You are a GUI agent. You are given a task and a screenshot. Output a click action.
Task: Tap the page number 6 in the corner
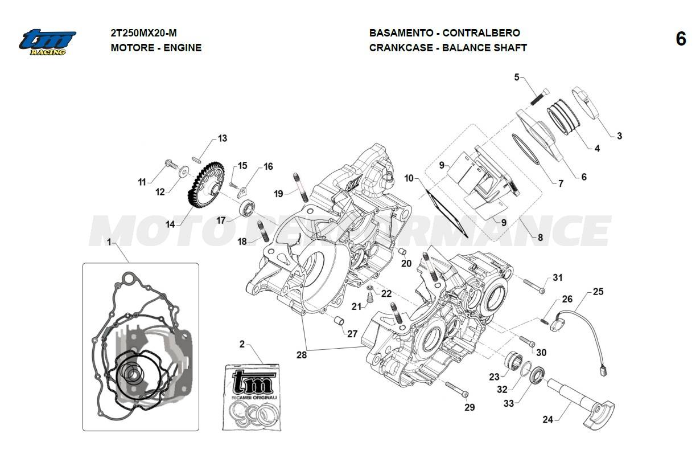click(x=681, y=39)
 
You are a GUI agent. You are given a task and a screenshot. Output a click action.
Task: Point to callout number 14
click(x=170, y=224)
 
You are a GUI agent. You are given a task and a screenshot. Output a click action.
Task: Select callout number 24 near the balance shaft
click(x=547, y=420)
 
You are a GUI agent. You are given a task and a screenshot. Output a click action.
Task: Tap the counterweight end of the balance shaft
click(x=601, y=414)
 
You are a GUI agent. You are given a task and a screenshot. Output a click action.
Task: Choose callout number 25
click(x=598, y=292)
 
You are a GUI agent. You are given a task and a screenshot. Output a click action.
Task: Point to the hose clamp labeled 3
click(x=587, y=102)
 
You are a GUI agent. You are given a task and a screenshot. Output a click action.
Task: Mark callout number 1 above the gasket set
click(x=109, y=243)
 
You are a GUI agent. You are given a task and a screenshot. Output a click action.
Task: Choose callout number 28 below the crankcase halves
click(x=300, y=354)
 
